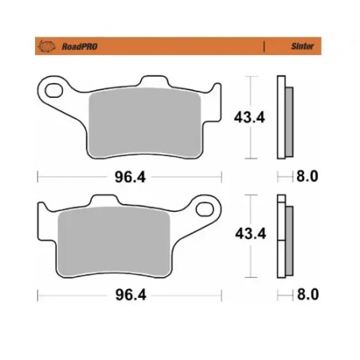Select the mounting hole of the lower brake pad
click(x=208, y=210)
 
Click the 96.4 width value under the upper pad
click(x=119, y=177)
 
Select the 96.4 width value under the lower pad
click(x=119, y=295)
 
